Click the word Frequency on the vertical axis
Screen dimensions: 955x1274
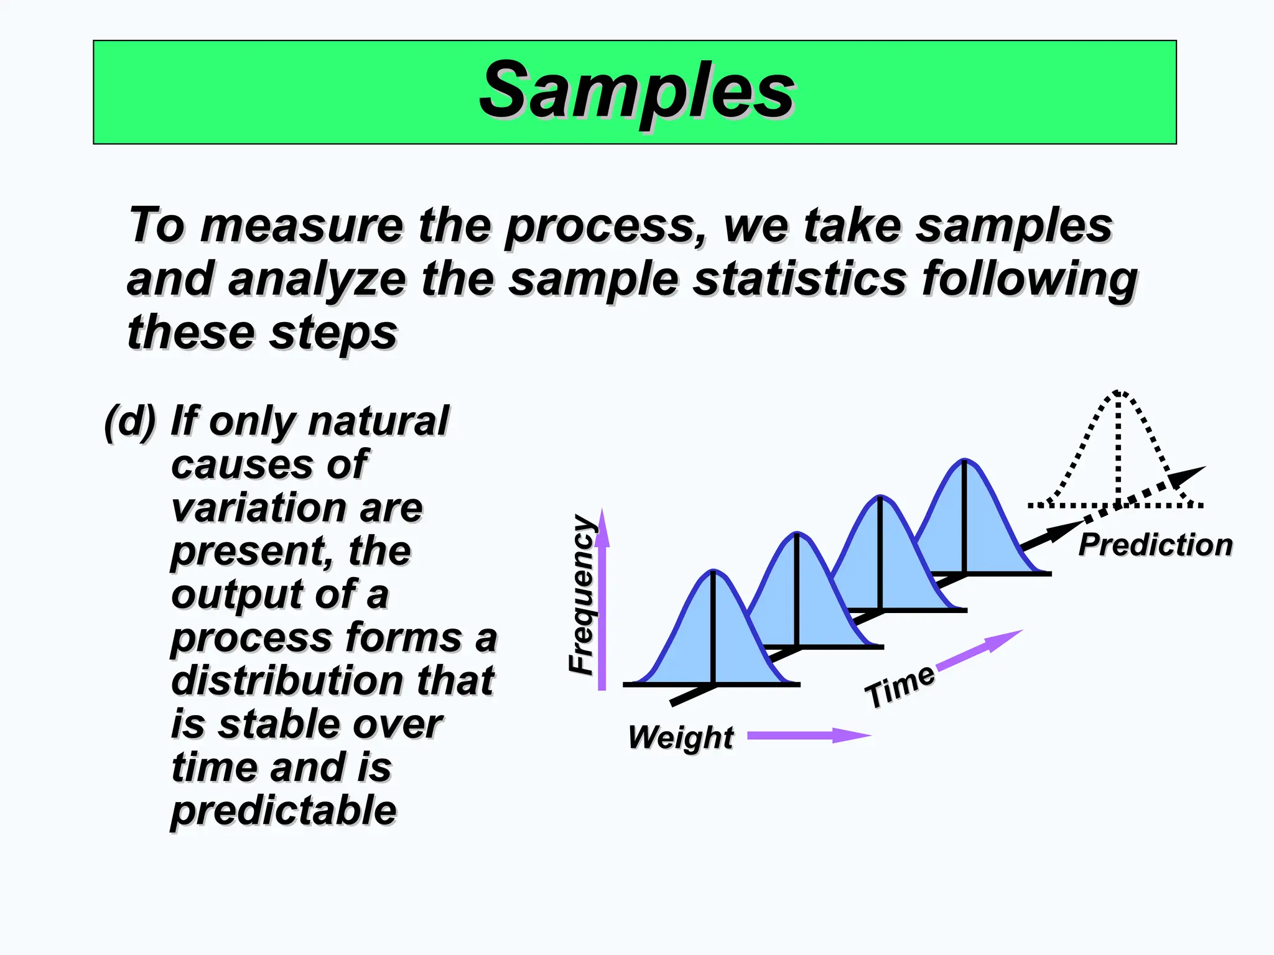tap(582, 595)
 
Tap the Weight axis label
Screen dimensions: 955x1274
tap(681, 737)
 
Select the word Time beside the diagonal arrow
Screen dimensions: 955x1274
tap(900, 685)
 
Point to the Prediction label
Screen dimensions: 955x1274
tap(1155, 545)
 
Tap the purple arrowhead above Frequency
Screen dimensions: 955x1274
tap(602, 528)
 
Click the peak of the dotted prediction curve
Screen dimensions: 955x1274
tap(1118, 393)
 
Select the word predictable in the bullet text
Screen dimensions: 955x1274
tap(284, 810)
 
